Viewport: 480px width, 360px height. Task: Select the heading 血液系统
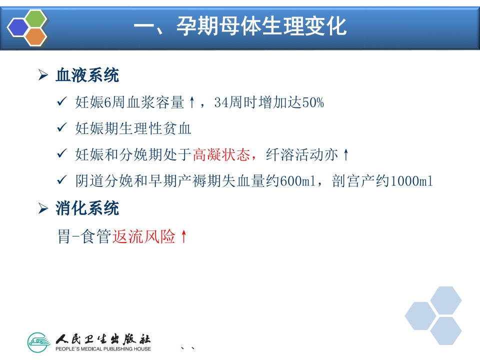(x=87, y=76)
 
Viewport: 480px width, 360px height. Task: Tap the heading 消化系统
(x=87, y=208)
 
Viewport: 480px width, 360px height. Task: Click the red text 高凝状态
(x=221, y=155)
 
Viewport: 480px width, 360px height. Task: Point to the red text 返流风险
(x=144, y=236)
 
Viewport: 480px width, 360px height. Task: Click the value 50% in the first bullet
(x=313, y=103)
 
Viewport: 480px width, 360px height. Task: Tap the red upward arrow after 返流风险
(x=183, y=236)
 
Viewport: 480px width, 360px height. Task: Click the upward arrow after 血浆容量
(x=192, y=103)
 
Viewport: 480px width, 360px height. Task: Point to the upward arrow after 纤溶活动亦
(x=345, y=155)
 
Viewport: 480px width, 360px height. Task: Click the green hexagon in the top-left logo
(x=35, y=18)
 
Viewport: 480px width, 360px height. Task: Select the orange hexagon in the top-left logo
(x=35, y=36)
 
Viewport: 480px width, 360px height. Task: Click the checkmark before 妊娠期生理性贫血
(x=62, y=128)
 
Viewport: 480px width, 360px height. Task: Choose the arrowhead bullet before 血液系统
(x=43, y=76)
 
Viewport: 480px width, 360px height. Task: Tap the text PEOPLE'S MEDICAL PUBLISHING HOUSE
(x=103, y=349)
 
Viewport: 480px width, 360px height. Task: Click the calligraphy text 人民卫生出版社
(x=103, y=338)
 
